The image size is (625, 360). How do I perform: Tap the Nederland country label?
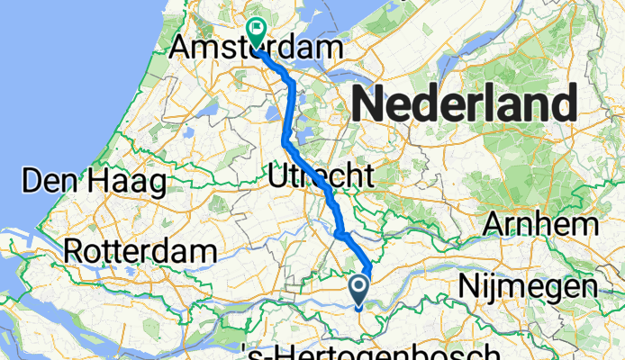[x=464, y=105]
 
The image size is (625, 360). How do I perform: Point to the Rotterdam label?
[x=140, y=249]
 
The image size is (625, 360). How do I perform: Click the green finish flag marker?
[x=257, y=32]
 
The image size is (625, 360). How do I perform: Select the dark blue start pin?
[x=358, y=289]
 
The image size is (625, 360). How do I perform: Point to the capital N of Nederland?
[x=367, y=105]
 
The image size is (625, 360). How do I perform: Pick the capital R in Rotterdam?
[x=74, y=249]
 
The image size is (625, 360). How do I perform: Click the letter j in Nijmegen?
[x=507, y=288]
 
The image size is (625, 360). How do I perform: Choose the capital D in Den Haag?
[x=32, y=182]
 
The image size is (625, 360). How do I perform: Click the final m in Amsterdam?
[x=334, y=49]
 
